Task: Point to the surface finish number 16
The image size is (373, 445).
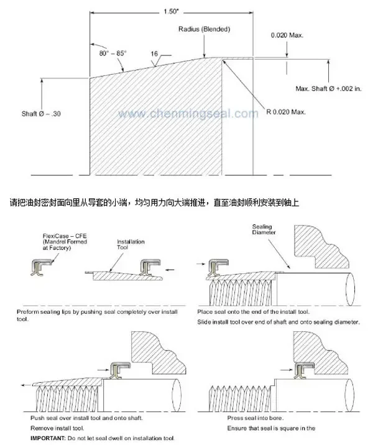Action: click(153, 55)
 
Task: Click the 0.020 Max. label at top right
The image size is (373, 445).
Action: click(287, 35)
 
